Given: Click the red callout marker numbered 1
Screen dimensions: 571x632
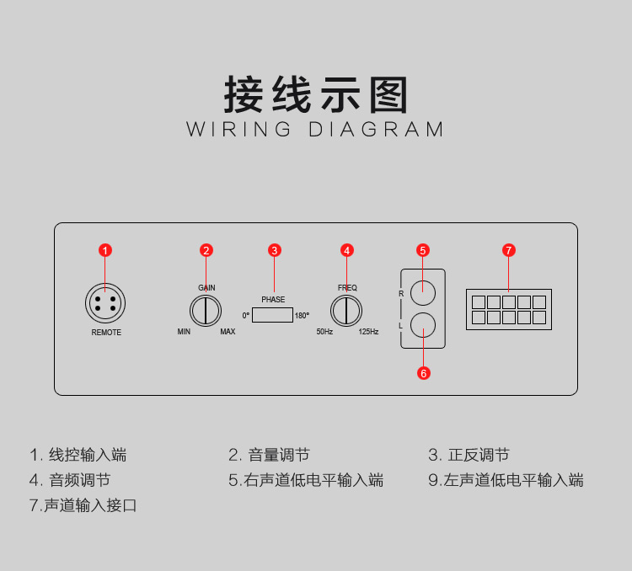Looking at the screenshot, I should pyautogui.click(x=105, y=250).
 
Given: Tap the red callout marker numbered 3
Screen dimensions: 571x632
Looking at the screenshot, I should pyautogui.click(x=274, y=250).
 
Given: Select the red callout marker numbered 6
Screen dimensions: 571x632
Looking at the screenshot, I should pyautogui.click(x=424, y=372).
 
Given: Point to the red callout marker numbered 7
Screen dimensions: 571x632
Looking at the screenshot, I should pyautogui.click(x=508, y=250).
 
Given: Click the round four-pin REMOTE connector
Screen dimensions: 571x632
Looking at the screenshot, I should pyautogui.click(x=105, y=302).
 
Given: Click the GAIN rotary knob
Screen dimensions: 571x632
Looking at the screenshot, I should pyautogui.click(x=206, y=312).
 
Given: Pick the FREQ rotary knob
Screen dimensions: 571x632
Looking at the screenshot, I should pyautogui.click(x=346, y=312).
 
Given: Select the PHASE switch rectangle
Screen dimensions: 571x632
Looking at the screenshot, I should pyautogui.click(x=271, y=316).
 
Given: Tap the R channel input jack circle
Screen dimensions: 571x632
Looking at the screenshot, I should pyautogui.click(x=422, y=292).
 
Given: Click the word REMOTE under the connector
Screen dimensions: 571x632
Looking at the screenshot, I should pyautogui.click(x=106, y=333).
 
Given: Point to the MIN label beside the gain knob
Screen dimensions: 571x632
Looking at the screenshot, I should pyautogui.click(x=185, y=332).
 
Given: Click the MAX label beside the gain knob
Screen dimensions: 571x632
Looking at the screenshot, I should pyautogui.click(x=228, y=332).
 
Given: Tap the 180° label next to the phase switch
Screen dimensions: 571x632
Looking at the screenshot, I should pyautogui.click(x=302, y=316).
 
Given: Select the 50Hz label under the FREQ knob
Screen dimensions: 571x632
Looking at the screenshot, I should pyautogui.click(x=324, y=332).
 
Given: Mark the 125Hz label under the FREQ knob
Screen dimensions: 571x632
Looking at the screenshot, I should pyautogui.click(x=368, y=332).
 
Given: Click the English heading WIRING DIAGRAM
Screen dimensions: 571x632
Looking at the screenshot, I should pyautogui.click(x=315, y=130).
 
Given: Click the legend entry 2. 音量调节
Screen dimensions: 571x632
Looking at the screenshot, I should pyautogui.click(x=269, y=456).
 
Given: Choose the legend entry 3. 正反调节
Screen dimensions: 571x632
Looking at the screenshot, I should pyautogui.click(x=469, y=456).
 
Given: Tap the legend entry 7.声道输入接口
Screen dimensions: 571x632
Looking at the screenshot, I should pyautogui.click(x=83, y=506).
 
